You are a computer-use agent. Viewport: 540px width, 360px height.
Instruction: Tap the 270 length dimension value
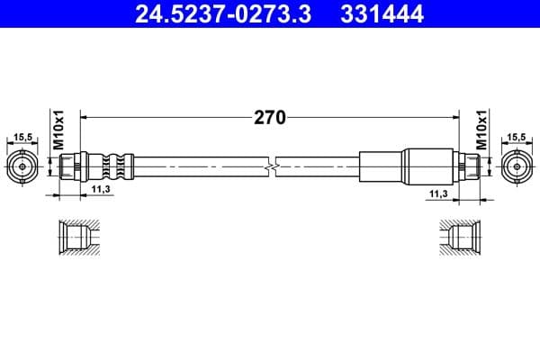(x=269, y=116)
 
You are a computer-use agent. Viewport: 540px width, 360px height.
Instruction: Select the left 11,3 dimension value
(x=101, y=189)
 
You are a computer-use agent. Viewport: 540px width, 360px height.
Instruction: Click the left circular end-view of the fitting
(x=22, y=166)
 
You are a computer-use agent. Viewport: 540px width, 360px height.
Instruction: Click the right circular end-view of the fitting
(x=517, y=166)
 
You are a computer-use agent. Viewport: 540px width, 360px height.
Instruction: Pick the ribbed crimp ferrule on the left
(x=112, y=166)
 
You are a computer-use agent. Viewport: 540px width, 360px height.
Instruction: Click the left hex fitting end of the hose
(x=70, y=166)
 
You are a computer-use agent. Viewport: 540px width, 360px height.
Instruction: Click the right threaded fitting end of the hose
(x=469, y=166)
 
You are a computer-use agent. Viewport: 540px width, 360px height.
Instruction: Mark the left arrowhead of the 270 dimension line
(x=85, y=116)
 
